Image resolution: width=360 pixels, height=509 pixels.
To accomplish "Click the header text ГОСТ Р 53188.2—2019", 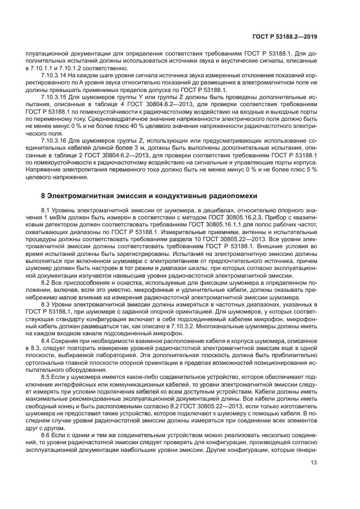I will pyautogui.click(x=290, y=38).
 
